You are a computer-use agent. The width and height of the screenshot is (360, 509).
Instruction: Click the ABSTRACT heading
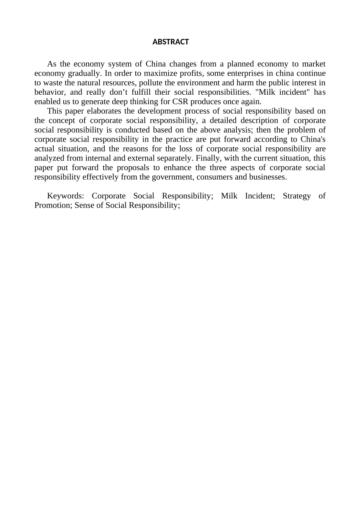171,42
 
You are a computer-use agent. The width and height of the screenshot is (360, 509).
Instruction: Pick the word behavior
49,92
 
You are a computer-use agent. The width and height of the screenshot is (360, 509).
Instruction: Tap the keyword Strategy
297,196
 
